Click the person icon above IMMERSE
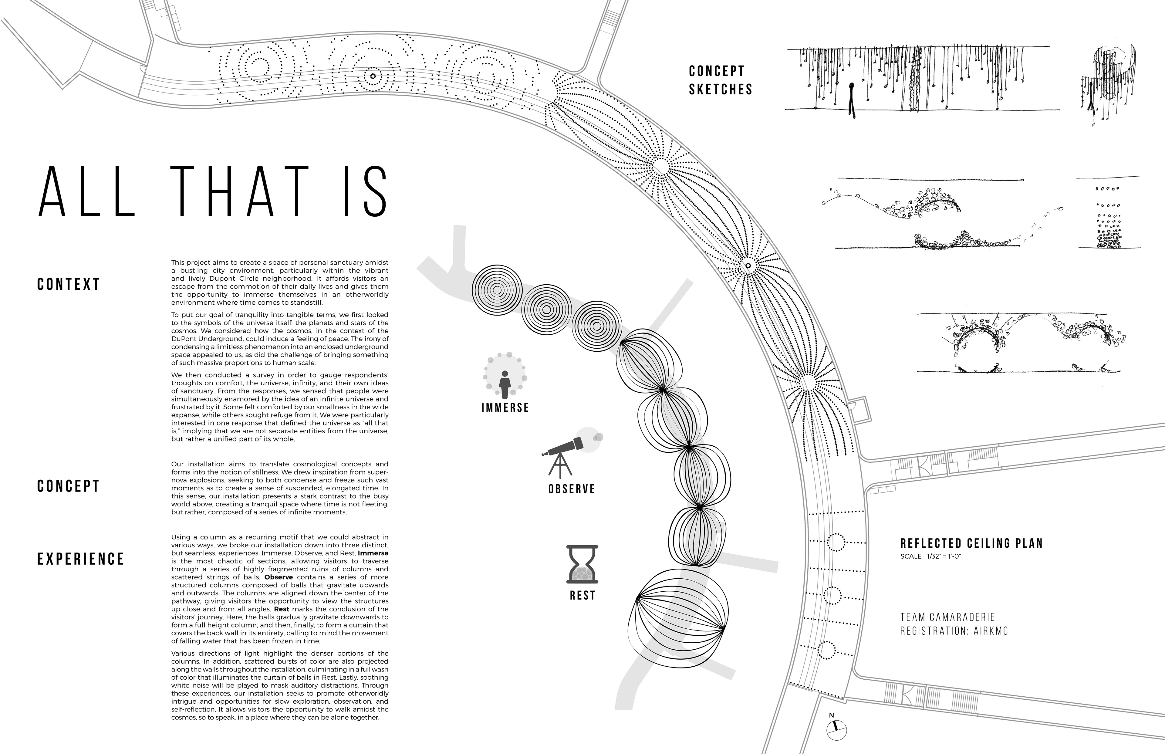[x=505, y=385]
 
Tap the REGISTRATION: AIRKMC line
[x=954, y=631]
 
